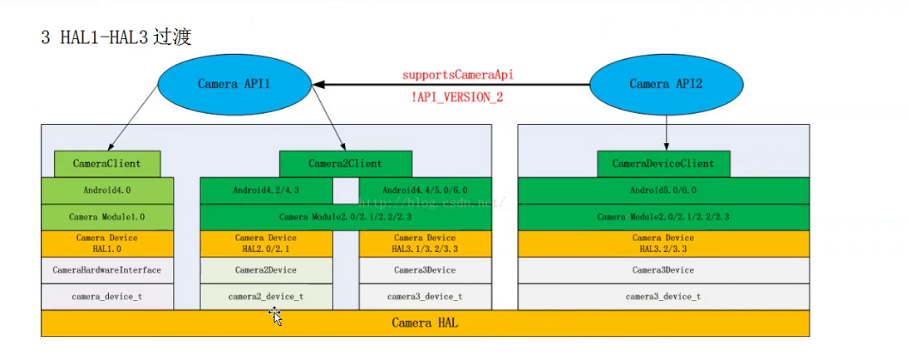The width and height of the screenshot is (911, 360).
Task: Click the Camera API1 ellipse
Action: pos(234,84)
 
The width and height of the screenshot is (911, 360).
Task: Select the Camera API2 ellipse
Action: pos(666,84)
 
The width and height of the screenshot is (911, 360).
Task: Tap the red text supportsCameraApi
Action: pos(457,75)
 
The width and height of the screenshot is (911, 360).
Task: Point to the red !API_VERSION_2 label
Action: pos(457,97)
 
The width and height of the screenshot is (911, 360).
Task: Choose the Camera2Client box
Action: pos(345,164)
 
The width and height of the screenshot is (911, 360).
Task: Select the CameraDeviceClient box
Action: pos(663,164)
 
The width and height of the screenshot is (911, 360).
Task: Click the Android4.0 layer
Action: pos(107,190)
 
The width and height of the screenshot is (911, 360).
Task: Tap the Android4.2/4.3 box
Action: pos(267,190)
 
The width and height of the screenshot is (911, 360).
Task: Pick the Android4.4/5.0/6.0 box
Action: pos(425,190)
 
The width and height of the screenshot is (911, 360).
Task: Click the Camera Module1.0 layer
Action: pos(107,217)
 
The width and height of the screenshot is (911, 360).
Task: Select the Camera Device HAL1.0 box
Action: pos(107,244)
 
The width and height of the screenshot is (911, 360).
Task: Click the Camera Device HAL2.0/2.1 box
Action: pos(267,244)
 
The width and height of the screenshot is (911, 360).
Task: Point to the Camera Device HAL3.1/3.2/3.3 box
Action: pos(425,244)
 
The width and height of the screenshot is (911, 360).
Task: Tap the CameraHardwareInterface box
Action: pos(107,270)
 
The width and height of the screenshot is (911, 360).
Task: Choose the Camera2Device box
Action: pos(267,270)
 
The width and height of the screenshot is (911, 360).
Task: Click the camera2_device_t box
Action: pos(267,297)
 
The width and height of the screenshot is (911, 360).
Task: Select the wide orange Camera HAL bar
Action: pos(425,323)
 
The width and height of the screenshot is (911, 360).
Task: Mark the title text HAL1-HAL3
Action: pos(104,38)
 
